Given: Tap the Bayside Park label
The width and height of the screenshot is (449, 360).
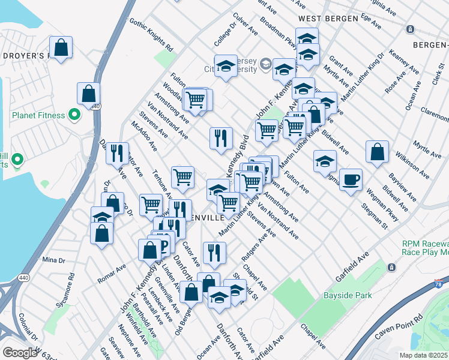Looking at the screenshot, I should click(x=348, y=295).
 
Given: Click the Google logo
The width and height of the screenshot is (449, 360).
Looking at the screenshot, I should click(x=20, y=352).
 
